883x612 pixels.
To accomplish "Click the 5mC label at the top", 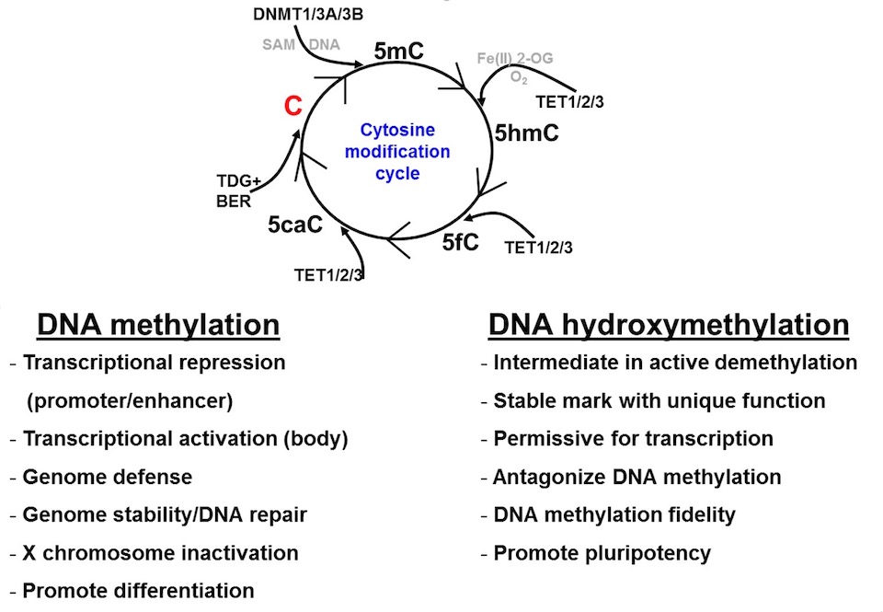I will pos(398,52).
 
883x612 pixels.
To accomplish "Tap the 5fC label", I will pos(461,243).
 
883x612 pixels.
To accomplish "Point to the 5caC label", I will pos(296,224).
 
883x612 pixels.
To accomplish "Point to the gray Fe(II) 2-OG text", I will pos(515,59).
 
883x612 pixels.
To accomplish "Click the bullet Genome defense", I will pos(108,477).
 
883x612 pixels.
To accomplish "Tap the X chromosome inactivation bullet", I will pos(160,552).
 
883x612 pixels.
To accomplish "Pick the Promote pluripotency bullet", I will pos(602,552).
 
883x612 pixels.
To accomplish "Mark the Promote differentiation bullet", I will pos(138,590).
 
